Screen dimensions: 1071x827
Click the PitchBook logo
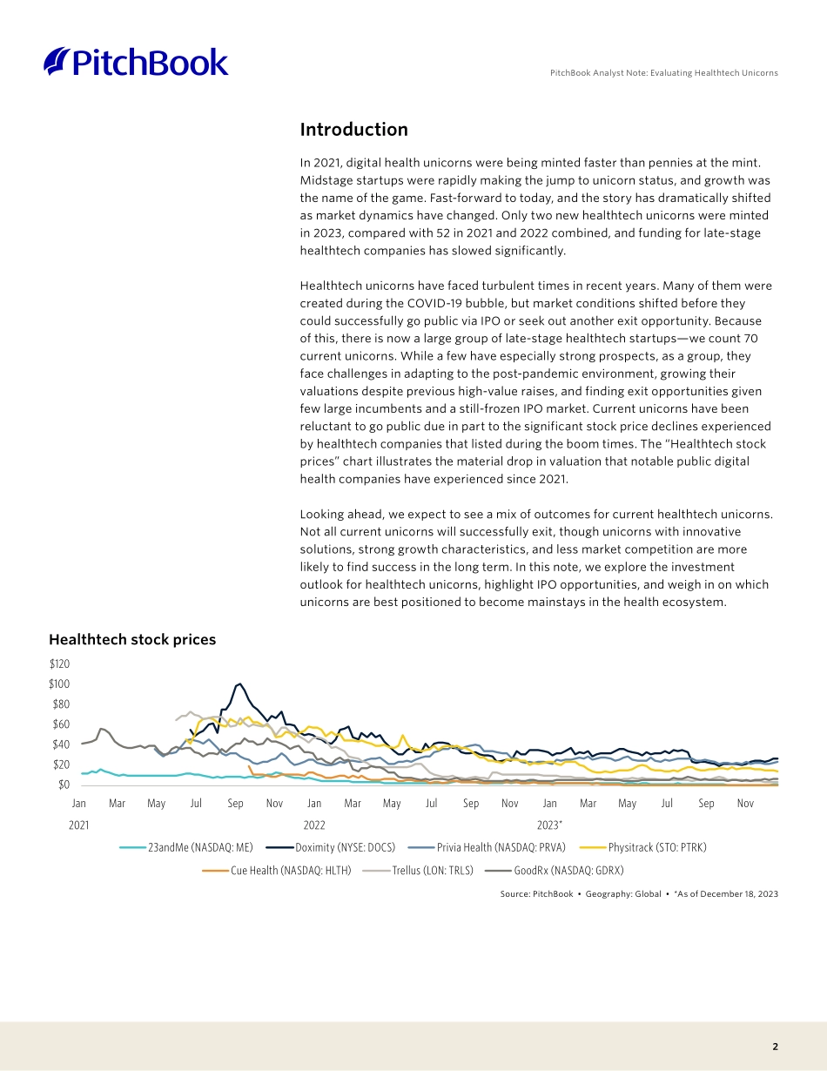pos(136,62)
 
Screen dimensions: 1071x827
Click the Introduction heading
pos(353,130)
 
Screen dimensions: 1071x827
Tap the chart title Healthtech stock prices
pos(132,639)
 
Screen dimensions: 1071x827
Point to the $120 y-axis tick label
pos(59,664)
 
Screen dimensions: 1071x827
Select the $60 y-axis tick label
pos(61,724)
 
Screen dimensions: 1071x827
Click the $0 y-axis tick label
pos(64,785)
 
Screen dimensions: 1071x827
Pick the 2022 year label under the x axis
pos(314,824)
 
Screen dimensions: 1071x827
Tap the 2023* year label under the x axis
pos(550,824)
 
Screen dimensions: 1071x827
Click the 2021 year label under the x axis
pos(78,824)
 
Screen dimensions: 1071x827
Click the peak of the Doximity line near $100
pos(241,684)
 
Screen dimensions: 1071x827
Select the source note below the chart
pos(639,894)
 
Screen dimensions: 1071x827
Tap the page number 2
pos(775,1047)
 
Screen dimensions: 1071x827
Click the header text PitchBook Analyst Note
pos(663,73)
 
